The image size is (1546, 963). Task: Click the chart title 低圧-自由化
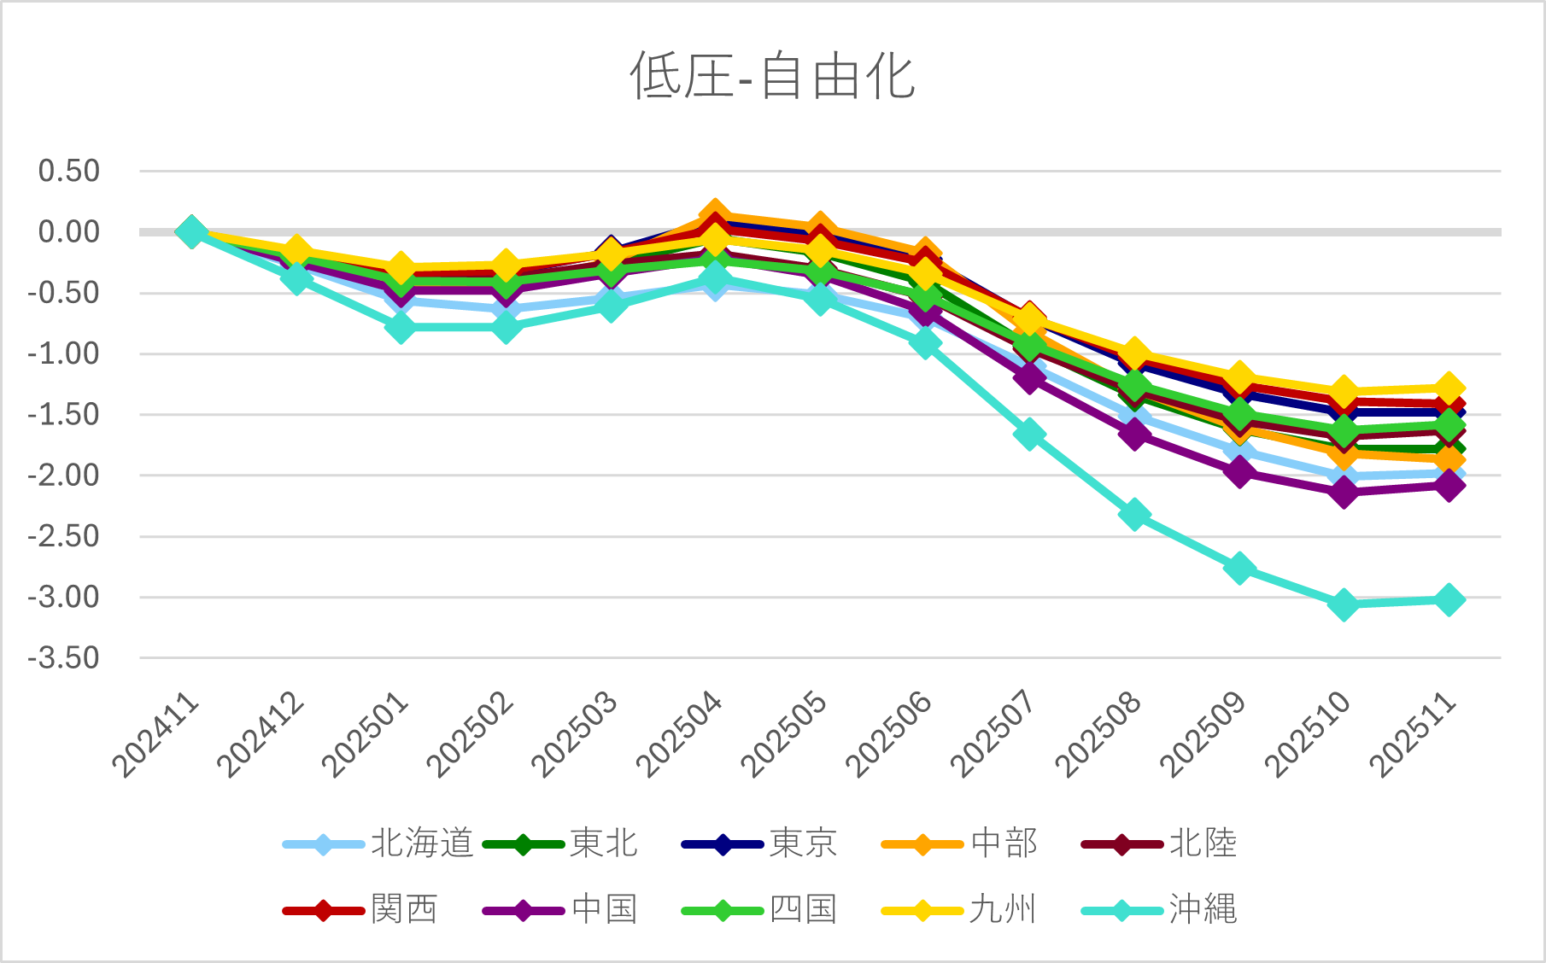772,76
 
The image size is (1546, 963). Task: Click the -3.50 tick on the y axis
64,658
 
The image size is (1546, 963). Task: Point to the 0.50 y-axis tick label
69,171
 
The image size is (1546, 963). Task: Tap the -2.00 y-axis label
64,476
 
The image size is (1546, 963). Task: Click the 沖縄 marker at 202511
1449,599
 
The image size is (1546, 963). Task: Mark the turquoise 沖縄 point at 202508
1134,515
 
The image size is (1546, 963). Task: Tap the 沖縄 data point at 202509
1239,568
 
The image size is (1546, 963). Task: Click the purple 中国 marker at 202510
1344,493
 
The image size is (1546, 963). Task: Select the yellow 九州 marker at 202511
1449,388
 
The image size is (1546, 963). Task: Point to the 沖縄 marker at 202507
1029,434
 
